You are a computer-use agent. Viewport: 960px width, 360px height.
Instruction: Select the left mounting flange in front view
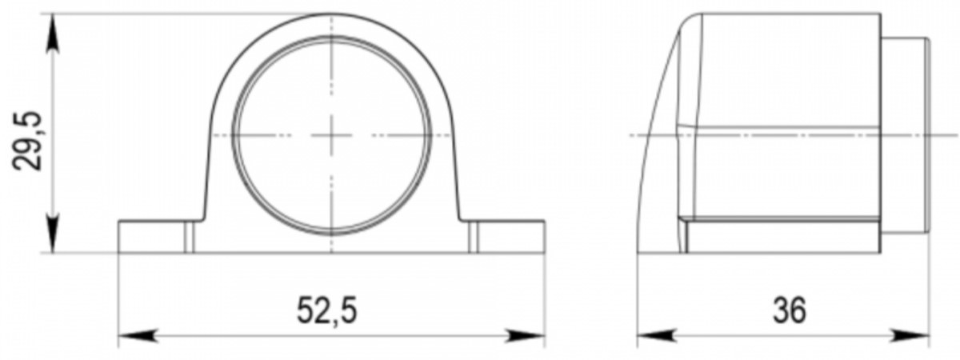152,237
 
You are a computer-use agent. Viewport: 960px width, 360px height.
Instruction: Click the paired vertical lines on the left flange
190,237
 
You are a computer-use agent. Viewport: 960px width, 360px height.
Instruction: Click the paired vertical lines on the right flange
474,237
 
